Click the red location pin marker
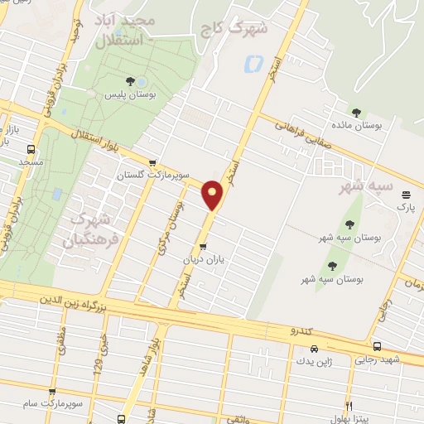click(x=213, y=195)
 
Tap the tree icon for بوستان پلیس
click(x=129, y=80)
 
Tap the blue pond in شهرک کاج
click(x=254, y=62)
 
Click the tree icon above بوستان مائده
click(x=356, y=113)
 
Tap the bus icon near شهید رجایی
click(x=377, y=346)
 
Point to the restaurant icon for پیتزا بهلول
click(x=350, y=407)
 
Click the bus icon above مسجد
click(x=31, y=150)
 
